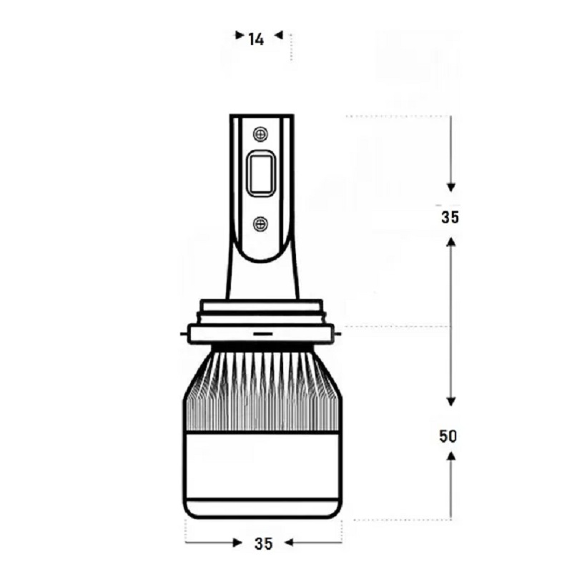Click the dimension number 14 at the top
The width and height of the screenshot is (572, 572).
pos(256,39)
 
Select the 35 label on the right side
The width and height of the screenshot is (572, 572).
pos(450,217)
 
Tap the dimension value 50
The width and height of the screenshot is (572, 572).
pos(448,436)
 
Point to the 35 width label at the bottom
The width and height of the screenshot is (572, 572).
pos(263,543)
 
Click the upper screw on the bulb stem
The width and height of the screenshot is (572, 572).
pos(260,134)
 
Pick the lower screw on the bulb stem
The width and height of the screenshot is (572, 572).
pos(260,224)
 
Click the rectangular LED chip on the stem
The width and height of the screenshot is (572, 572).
pos(261,173)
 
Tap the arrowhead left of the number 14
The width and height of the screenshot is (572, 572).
pos(240,35)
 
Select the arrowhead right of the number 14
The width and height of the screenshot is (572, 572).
pos(279,35)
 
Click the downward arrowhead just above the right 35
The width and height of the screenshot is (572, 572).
pos(451,187)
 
